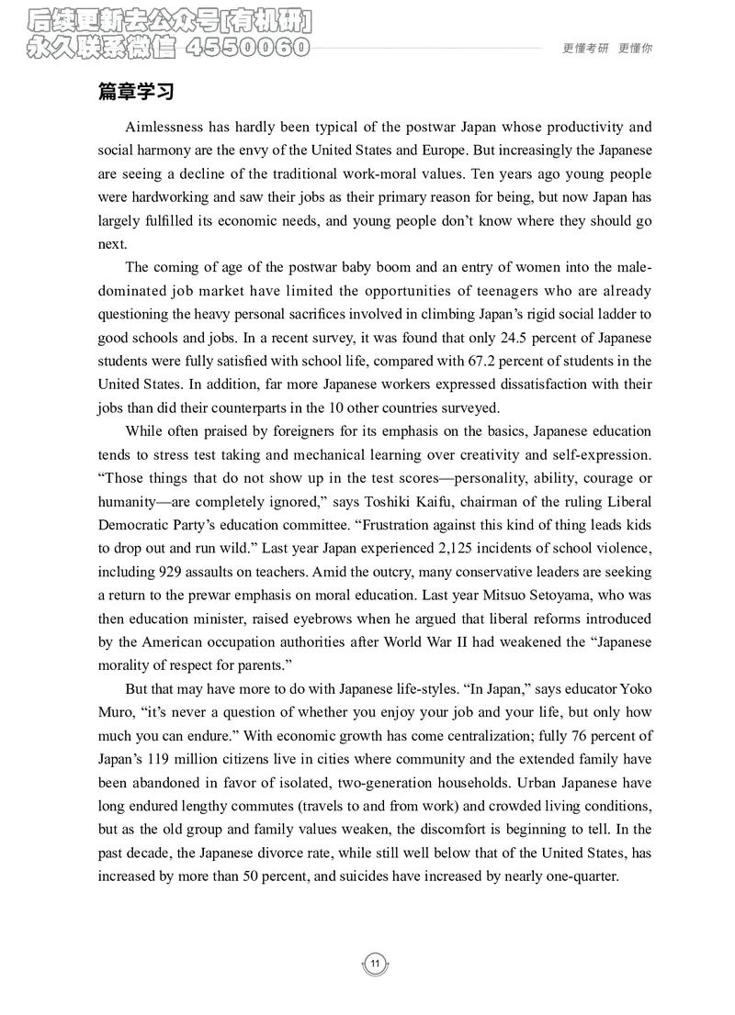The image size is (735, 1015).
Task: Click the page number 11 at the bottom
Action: click(375, 963)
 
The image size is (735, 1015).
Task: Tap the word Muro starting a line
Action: click(115, 713)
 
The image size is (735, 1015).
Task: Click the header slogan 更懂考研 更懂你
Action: click(606, 50)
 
